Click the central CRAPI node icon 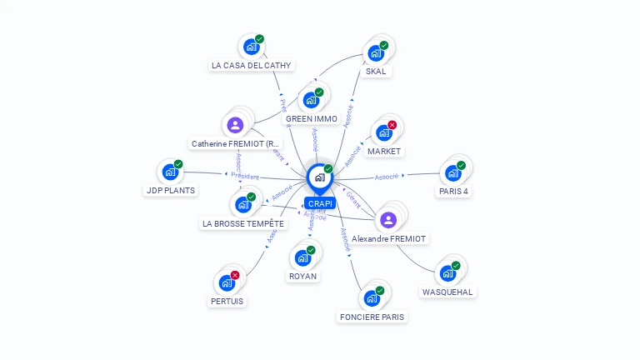[318, 177]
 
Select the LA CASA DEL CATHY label [251, 65]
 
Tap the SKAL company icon [375, 54]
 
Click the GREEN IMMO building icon [311, 101]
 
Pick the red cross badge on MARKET [392, 125]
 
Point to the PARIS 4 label [453, 191]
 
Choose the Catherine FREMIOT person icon [235, 125]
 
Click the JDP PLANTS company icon [170, 172]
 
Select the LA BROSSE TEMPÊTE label [243, 223]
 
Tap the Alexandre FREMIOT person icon [387, 220]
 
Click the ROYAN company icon [302, 257]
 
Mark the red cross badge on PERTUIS [235, 275]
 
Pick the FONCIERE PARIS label [372, 317]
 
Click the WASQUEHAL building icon [447, 273]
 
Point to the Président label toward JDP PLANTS [245, 177]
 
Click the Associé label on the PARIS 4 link [387, 177]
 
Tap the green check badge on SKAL [384, 45]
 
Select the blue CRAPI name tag [319, 203]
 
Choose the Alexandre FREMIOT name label [389, 238]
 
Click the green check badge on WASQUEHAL [456, 265]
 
